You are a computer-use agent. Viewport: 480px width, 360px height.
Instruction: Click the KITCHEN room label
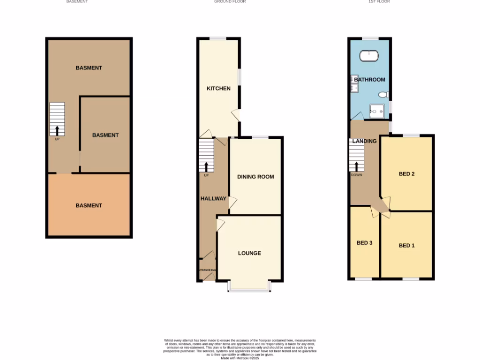pyautogui.click(x=218, y=88)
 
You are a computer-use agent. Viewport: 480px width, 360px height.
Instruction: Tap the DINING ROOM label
pyautogui.click(x=255, y=177)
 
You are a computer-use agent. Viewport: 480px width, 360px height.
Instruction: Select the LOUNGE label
pyautogui.click(x=249, y=253)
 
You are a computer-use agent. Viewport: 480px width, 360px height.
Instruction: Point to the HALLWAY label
pyautogui.click(x=213, y=198)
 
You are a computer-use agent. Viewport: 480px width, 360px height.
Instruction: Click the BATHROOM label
pyautogui.click(x=369, y=80)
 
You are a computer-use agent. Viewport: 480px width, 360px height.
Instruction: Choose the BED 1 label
pyautogui.click(x=406, y=246)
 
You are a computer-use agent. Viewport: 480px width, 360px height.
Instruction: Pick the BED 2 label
pyautogui.click(x=406, y=174)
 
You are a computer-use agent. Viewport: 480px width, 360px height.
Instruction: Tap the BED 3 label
pyautogui.click(x=364, y=243)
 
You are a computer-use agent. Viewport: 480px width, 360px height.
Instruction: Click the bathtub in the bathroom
pyautogui.click(x=369, y=56)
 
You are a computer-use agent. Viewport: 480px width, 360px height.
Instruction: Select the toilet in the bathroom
pyautogui.click(x=384, y=95)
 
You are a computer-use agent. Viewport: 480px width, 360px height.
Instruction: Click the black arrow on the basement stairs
pyautogui.click(x=57, y=130)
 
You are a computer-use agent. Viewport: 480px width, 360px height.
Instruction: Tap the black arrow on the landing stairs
pyautogui.click(x=356, y=166)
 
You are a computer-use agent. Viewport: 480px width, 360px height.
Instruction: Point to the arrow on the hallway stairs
pyautogui.click(x=206, y=167)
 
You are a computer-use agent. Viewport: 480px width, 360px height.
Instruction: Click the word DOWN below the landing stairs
pyautogui.click(x=356, y=175)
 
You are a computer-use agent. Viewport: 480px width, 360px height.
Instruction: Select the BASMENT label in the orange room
pyautogui.click(x=89, y=205)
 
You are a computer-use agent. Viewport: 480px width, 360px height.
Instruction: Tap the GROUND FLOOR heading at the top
pyautogui.click(x=230, y=2)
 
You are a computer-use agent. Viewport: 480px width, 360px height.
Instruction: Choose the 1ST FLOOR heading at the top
pyautogui.click(x=379, y=2)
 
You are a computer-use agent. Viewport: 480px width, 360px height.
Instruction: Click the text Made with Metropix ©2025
pyautogui.click(x=240, y=358)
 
